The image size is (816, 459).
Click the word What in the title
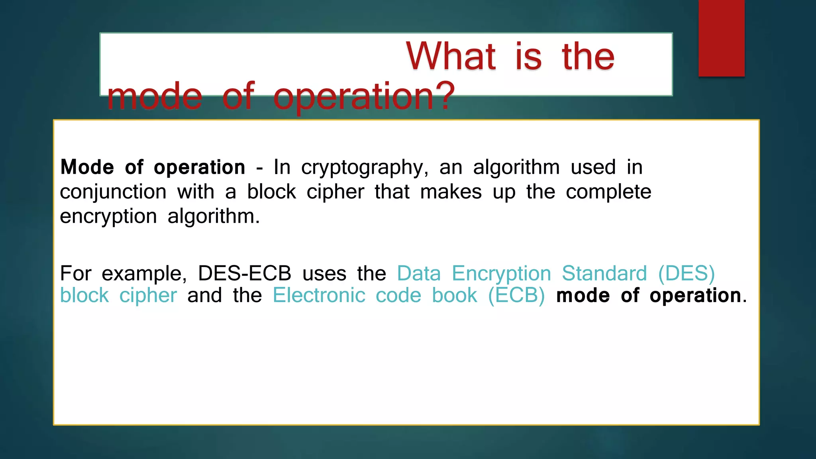click(451, 57)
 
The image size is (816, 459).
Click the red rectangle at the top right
click(721, 38)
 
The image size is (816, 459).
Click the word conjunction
click(113, 192)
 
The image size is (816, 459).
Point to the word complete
click(608, 192)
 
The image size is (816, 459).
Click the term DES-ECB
click(244, 274)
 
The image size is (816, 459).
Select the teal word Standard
click(604, 274)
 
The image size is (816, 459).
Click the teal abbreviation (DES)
click(687, 274)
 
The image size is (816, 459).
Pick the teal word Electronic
click(319, 296)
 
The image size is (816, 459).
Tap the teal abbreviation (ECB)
click(516, 296)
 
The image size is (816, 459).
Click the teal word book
click(454, 296)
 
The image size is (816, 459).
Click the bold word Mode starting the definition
click(87, 167)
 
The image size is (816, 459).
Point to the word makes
click(451, 192)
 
